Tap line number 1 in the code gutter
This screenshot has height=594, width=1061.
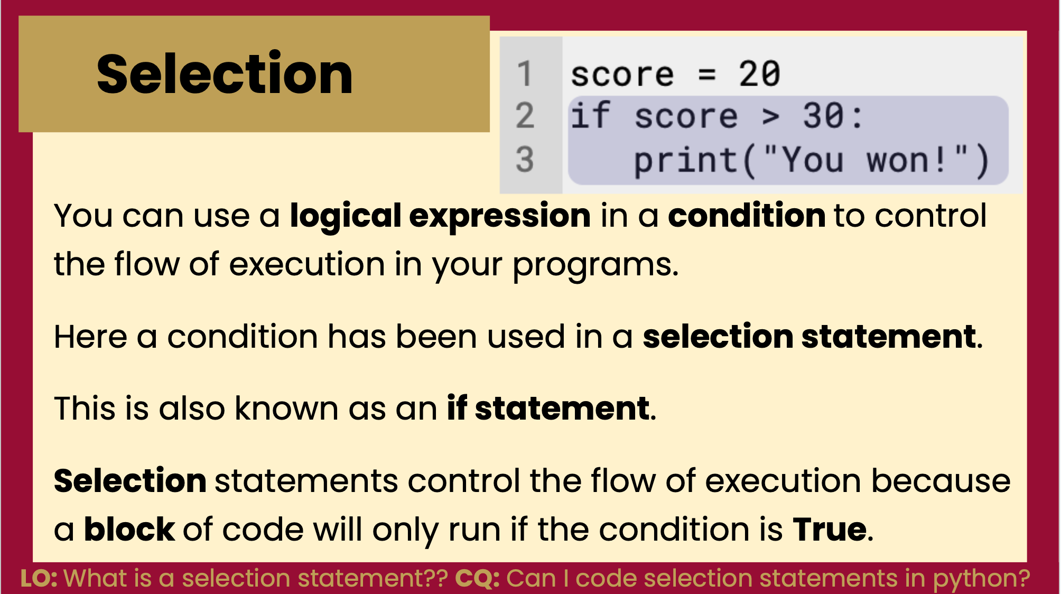tap(524, 73)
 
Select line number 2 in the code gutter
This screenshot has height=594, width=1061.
tap(525, 116)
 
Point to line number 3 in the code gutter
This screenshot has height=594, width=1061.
tap(525, 159)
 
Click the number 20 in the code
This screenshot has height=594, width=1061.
tap(759, 73)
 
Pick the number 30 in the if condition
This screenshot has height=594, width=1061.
tap(823, 116)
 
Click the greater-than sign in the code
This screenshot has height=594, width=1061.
tap(771, 117)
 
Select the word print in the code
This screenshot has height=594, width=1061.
tap(685, 160)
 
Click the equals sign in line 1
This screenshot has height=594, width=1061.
tap(707, 75)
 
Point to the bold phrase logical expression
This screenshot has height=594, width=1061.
tap(440, 216)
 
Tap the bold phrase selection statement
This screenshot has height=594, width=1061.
tap(809, 337)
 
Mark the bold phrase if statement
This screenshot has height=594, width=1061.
tap(548, 409)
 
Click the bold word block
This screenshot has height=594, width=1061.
tap(129, 530)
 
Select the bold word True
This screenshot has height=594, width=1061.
tap(829, 529)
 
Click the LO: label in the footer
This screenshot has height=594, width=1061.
tap(39, 578)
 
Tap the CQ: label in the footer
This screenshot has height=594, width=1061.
tap(477, 578)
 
